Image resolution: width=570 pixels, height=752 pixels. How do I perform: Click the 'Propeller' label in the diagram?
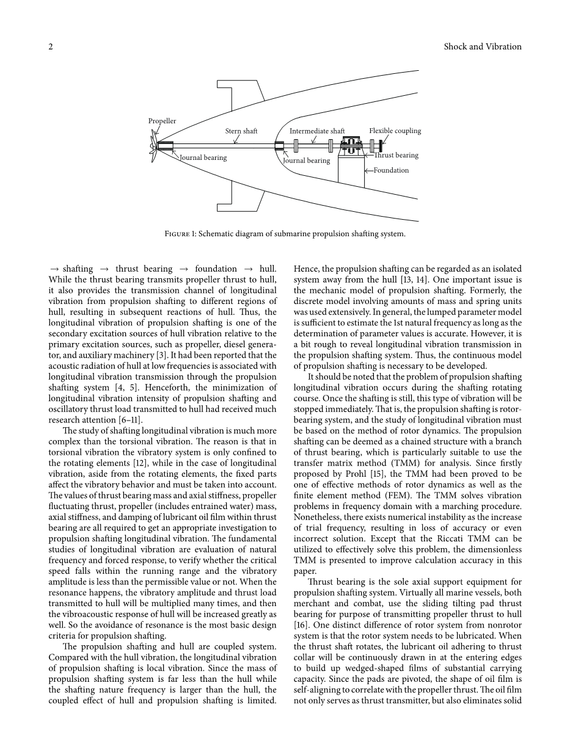point(162,121)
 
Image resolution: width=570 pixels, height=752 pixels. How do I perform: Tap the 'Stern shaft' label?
point(241,131)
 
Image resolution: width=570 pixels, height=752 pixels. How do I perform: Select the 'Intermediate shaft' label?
point(317,131)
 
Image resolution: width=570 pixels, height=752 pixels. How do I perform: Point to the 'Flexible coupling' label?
point(395,131)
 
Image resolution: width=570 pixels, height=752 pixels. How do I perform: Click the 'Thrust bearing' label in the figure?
point(396,156)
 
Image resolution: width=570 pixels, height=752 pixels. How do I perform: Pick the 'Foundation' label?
point(392,170)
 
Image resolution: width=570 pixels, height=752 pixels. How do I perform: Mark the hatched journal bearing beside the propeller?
point(166,146)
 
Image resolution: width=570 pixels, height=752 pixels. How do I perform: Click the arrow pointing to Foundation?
point(368,170)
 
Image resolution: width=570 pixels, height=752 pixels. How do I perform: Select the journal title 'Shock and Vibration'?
point(483,47)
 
